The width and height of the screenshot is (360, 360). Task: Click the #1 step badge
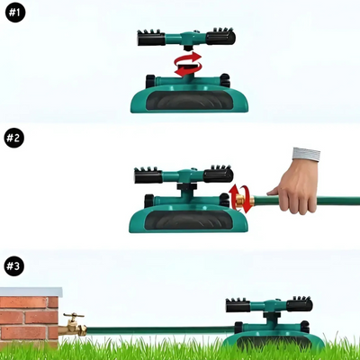click(15, 13)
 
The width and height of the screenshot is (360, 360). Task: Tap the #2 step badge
click(13, 138)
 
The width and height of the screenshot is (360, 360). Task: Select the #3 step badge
click(13, 266)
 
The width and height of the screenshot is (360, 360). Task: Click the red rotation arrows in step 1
click(188, 64)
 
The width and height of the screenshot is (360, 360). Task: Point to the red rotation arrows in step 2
click(240, 199)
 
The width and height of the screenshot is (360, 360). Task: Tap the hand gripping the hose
click(295, 186)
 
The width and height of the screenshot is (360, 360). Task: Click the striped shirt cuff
click(306, 154)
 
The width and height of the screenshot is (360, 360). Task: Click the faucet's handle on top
click(74, 316)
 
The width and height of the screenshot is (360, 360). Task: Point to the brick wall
click(29, 319)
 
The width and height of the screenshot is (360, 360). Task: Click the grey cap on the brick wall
click(31, 292)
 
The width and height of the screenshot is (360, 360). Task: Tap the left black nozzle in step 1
click(151, 38)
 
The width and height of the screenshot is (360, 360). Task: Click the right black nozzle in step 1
click(220, 37)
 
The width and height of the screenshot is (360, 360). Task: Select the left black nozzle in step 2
click(148, 175)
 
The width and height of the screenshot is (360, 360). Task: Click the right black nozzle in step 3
click(300, 304)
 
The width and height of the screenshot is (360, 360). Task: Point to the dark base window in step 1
click(189, 100)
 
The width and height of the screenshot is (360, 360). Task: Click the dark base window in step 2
click(189, 220)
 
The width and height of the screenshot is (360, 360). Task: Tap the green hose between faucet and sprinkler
click(160, 330)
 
